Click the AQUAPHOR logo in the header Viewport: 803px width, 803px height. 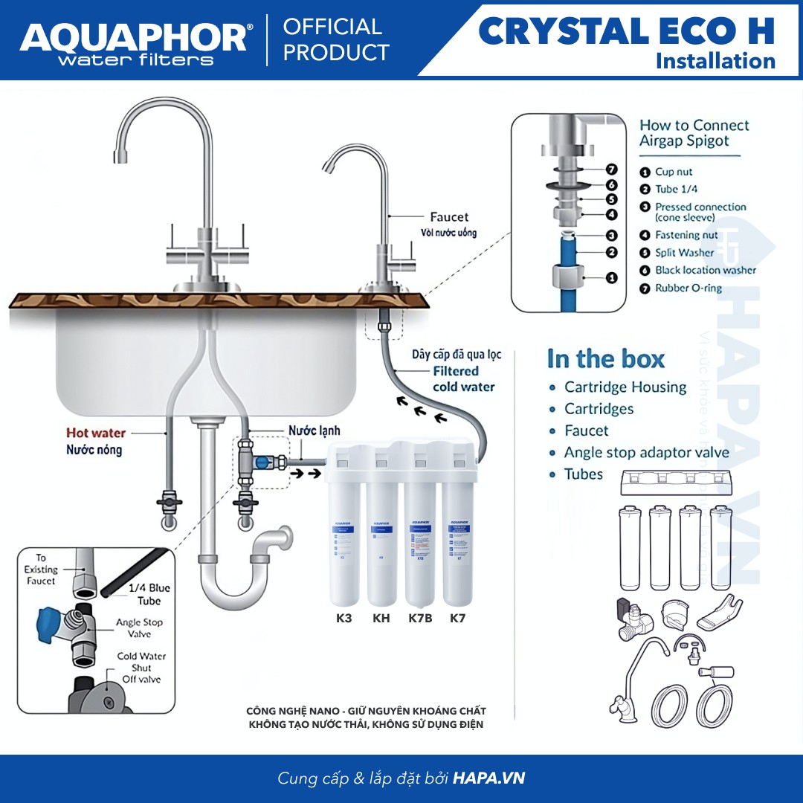pos(135,38)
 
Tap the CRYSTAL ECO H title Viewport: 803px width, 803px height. pos(626,31)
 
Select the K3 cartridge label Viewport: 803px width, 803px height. pos(344,618)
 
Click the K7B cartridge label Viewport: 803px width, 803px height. pos(420,618)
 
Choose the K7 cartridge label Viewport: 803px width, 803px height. pos(457,618)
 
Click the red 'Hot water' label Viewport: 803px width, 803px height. pos(96,433)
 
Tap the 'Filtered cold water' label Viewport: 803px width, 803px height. pos(462,378)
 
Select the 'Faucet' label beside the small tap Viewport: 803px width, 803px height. pos(449,217)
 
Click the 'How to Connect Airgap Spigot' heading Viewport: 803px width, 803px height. pos(694,133)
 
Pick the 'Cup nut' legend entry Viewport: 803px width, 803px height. pos(673,172)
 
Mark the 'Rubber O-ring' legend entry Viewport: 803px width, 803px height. pos(688,288)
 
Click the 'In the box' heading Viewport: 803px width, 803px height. pos(605,359)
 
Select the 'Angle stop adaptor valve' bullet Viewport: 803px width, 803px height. pos(646,452)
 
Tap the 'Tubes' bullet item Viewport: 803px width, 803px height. pos(584,474)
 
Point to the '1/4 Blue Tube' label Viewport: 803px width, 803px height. pos(149,594)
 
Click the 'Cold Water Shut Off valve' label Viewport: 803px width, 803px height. pos(141,668)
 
